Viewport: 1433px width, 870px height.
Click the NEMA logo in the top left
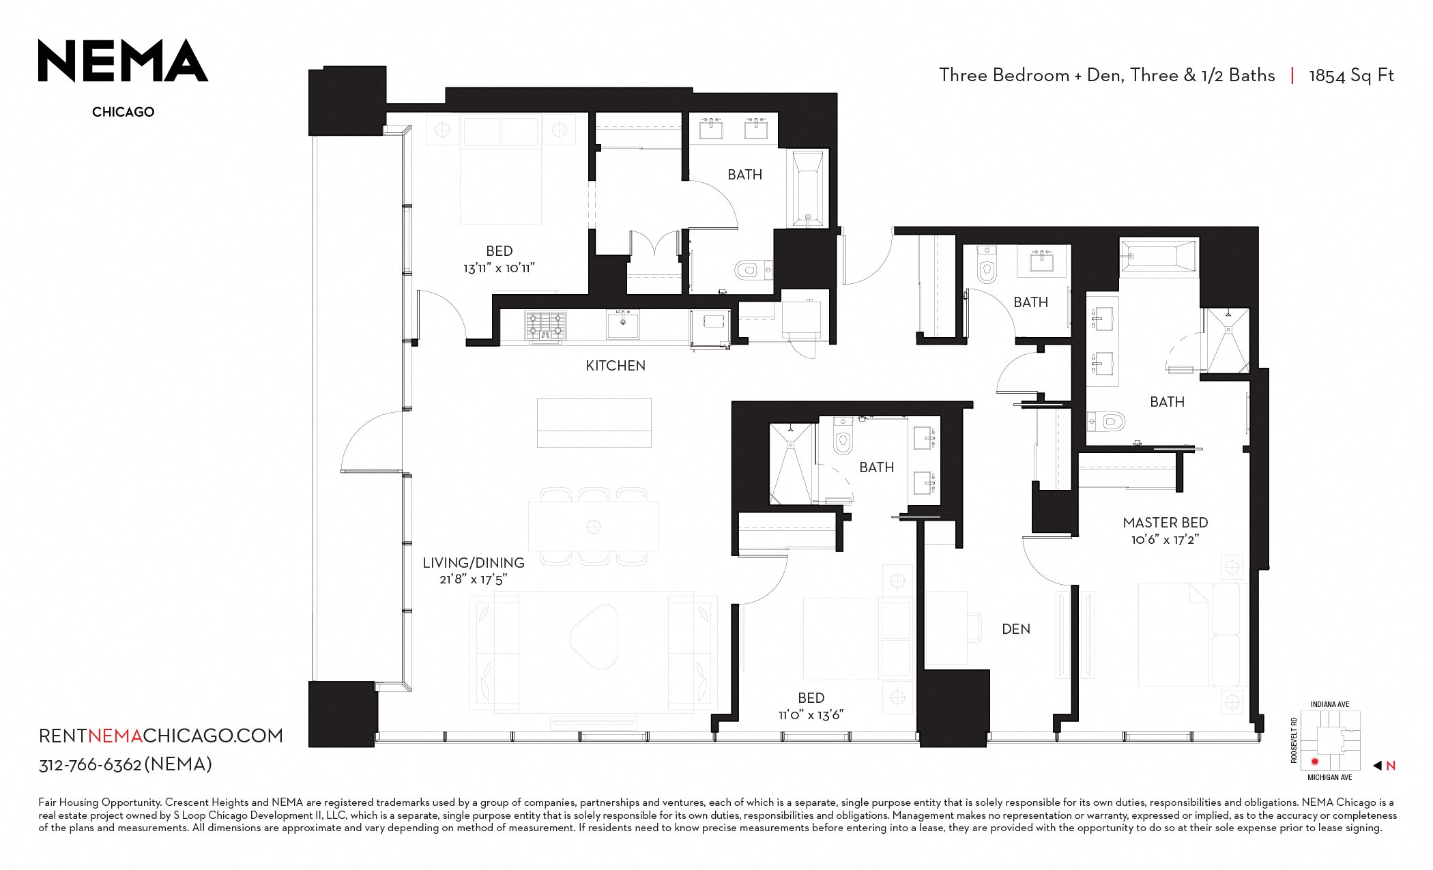pos(123,61)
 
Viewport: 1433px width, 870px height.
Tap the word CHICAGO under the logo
pos(123,112)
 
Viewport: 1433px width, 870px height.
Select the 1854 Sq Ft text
pos(1351,75)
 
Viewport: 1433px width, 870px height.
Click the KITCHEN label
pos(616,366)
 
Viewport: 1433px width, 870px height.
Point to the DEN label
pos(1016,629)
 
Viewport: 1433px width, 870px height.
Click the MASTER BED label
pos(1166,523)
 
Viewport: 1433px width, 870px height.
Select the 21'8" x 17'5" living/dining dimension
pos(474,579)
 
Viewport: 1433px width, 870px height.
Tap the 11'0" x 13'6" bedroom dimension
pos(811,714)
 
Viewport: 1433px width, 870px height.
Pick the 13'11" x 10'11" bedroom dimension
pos(500,268)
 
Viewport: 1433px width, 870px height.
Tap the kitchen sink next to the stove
pos(623,324)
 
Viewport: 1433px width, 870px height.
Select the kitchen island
pos(594,423)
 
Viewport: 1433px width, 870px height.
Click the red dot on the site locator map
pos(1314,762)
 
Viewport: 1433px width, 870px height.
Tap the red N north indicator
pos(1390,766)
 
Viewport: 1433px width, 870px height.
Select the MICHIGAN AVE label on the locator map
pos(1330,778)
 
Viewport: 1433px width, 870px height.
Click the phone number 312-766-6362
pos(90,765)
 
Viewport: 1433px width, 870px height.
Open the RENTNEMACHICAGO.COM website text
pos(161,736)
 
